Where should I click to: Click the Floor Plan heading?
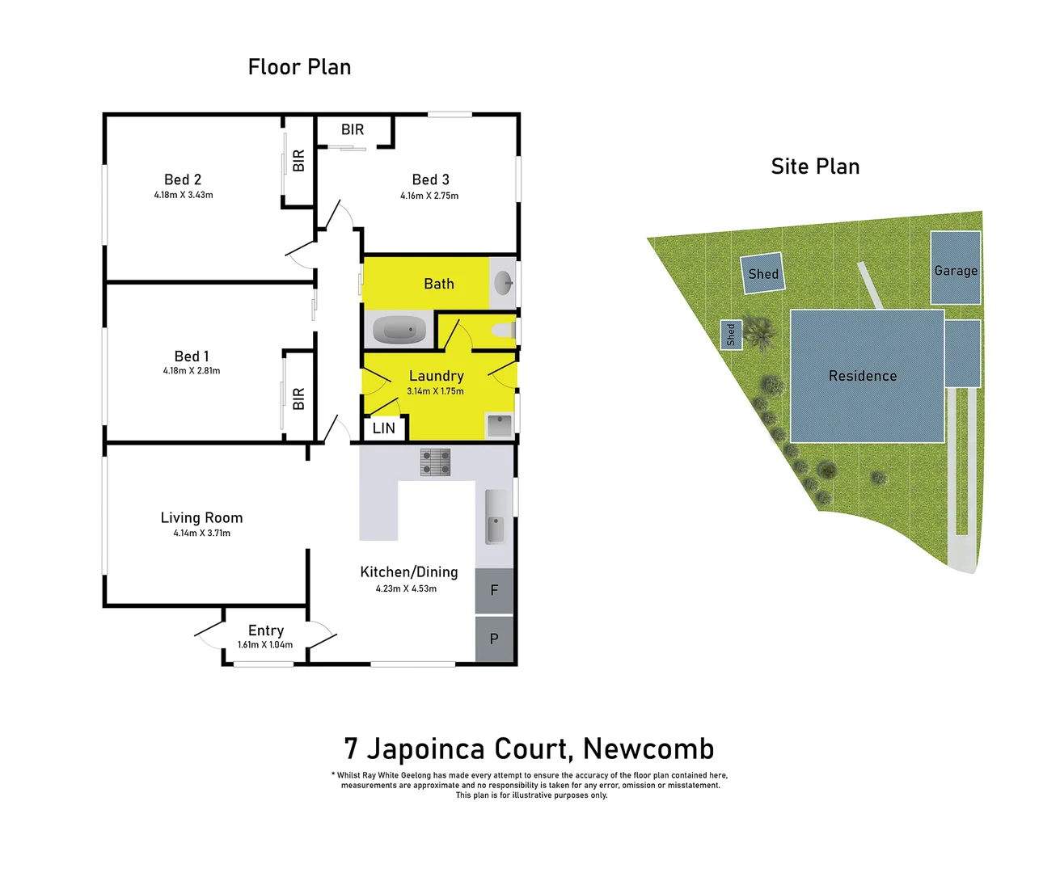click(x=299, y=67)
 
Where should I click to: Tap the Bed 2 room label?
click(x=183, y=179)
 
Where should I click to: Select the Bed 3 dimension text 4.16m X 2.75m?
click(x=429, y=196)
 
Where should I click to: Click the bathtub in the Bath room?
click(x=399, y=330)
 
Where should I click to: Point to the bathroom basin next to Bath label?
click(x=503, y=282)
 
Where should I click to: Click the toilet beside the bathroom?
click(x=504, y=330)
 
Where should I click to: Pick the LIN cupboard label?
click(x=384, y=428)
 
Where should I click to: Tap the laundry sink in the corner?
click(x=499, y=425)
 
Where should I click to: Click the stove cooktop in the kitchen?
click(x=435, y=462)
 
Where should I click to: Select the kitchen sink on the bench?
click(x=495, y=517)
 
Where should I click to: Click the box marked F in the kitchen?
click(x=494, y=591)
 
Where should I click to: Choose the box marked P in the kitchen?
click(x=494, y=639)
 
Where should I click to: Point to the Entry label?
click(x=266, y=630)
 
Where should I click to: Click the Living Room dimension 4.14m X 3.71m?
click(x=201, y=533)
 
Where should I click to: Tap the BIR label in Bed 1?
click(x=298, y=398)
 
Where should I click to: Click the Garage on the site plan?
click(x=956, y=269)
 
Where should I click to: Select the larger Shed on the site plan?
click(x=763, y=274)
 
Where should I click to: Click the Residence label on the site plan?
click(x=863, y=376)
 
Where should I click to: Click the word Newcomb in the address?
click(x=648, y=749)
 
